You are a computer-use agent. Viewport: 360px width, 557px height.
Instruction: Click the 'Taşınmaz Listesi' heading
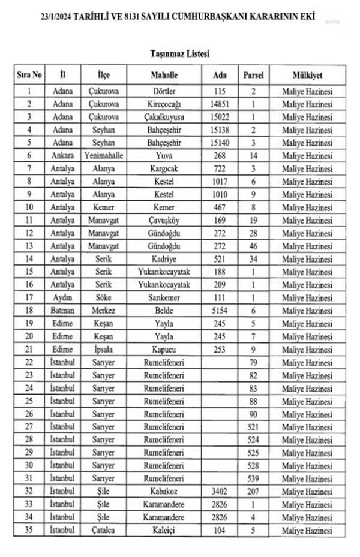(179, 53)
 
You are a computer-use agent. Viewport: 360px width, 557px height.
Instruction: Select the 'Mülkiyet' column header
(307, 76)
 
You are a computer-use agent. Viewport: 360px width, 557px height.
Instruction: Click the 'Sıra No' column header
(29, 76)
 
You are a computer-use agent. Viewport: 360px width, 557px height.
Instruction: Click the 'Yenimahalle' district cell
(104, 156)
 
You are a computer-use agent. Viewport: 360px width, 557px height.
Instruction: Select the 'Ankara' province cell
(62, 156)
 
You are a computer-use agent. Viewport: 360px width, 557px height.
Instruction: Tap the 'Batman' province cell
(62, 311)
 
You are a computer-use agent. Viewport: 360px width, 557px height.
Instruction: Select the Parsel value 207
(254, 492)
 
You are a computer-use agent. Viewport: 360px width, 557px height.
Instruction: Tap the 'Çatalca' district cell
(104, 530)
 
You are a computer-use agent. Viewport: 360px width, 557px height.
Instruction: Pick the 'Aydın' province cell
(62, 298)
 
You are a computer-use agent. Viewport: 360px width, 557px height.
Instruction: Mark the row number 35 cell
(29, 530)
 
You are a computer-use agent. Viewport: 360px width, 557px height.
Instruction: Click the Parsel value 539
(254, 478)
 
